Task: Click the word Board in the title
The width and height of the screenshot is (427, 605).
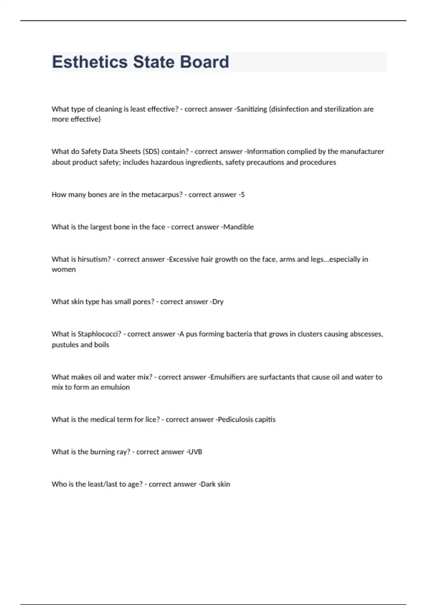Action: coord(204,62)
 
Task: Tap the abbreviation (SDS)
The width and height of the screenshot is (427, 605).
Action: coord(151,152)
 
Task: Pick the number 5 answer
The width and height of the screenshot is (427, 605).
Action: coord(243,195)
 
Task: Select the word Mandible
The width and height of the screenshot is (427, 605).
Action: coord(238,227)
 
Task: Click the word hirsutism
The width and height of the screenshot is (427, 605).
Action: coord(94,259)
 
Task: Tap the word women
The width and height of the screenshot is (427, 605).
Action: coord(64,269)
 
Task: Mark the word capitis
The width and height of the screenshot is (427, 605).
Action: coord(265,420)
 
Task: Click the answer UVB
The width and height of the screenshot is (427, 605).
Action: coord(195,452)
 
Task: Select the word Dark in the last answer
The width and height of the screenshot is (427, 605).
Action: coord(208,484)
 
